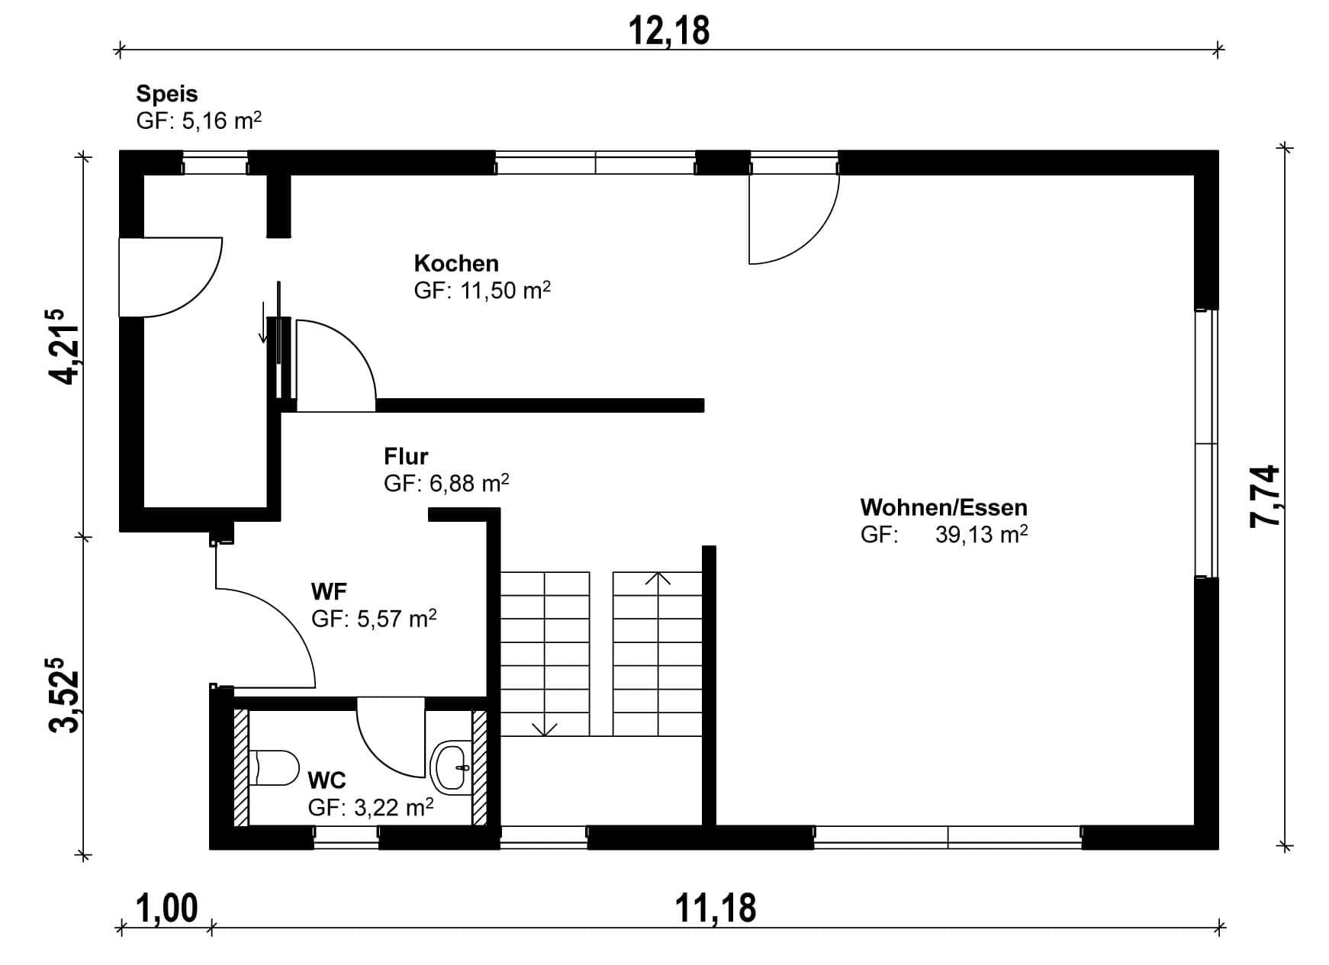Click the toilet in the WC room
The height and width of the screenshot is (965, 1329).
pyautogui.click(x=274, y=767)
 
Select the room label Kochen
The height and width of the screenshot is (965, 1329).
pyautogui.click(x=456, y=263)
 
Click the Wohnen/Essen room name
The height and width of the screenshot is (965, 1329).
pyautogui.click(x=944, y=507)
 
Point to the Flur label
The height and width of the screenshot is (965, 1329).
pyautogui.click(x=406, y=456)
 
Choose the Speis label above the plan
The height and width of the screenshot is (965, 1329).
pyautogui.click(x=167, y=94)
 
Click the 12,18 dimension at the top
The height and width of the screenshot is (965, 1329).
pyautogui.click(x=669, y=31)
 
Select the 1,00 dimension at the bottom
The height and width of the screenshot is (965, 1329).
pyautogui.click(x=167, y=909)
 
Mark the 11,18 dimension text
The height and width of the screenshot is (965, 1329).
pyautogui.click(x=716, y=909)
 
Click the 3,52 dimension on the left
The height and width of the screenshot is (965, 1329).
pyautogui.click(x=64, y=695)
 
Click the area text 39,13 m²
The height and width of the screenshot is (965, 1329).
pyautogui.click(x=982, y=534)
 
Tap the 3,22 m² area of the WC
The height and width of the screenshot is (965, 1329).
pyautogui.click(x=394, y=807)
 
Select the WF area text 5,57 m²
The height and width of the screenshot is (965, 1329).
pyautogui.click(x=397, y=618)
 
